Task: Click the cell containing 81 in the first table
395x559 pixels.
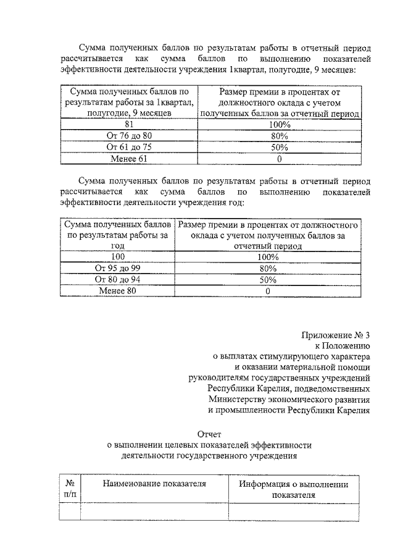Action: (129, 124)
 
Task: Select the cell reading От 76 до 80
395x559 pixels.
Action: (129, 136)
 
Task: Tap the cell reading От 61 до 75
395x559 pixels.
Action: (129, 147)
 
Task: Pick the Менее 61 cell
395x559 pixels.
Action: (129, 159)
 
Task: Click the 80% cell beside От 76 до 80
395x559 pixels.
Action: (280, 136)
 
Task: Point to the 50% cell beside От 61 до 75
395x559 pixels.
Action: (280, 147)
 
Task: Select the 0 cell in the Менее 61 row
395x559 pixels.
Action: (280, 159)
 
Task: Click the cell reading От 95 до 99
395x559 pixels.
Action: (118, 268)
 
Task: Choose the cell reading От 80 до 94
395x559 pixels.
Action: (118, 279)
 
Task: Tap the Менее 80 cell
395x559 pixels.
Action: (118, 291)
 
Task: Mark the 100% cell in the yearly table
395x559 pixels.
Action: (268, 256)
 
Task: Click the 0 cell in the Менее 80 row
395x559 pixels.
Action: (268, 291)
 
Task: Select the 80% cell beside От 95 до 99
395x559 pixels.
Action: (268, 268)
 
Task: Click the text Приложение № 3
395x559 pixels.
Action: (336, 335)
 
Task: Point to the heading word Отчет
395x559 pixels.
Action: (209, 434)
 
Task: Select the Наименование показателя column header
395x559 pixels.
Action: (154, 484)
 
